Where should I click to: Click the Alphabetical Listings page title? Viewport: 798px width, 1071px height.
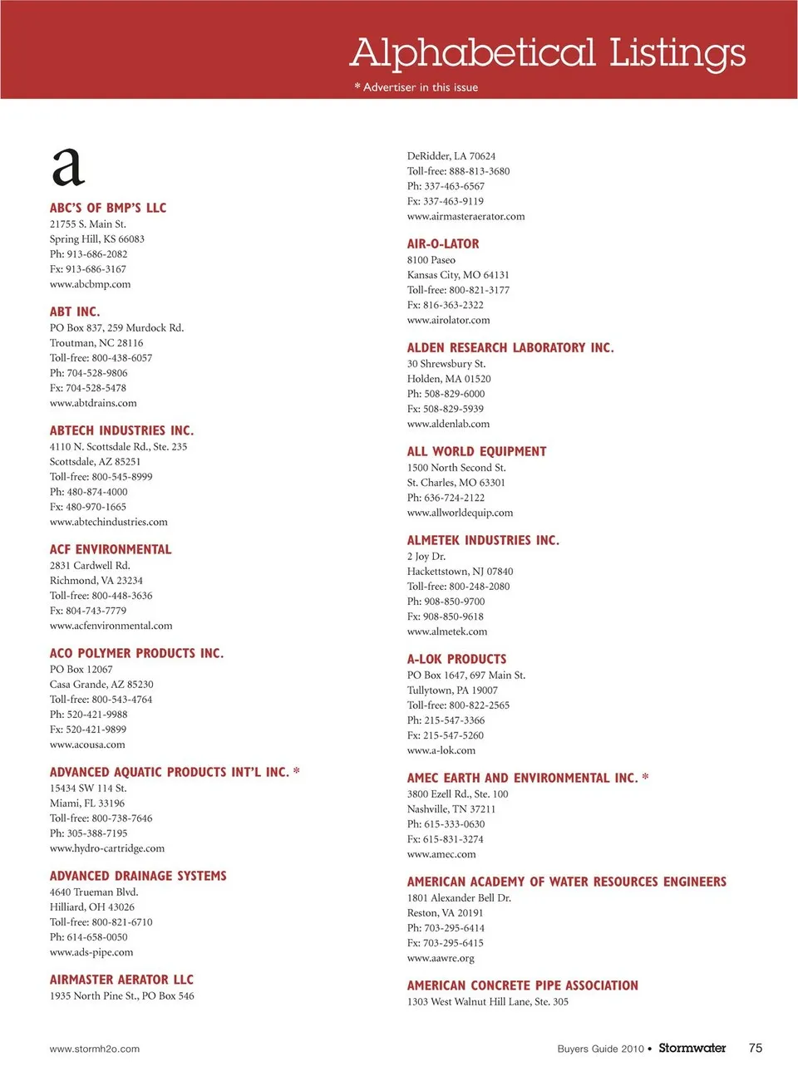[548, 53]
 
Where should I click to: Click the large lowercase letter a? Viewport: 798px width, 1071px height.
[68, 167]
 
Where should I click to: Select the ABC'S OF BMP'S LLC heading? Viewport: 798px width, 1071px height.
[108, 208]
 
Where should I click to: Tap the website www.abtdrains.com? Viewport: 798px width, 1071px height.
[93, 403]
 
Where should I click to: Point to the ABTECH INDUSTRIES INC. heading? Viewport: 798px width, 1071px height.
[121, 430]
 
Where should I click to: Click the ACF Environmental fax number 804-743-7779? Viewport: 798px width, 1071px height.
[88, 611]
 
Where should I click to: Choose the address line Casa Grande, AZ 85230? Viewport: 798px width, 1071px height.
[101, 685]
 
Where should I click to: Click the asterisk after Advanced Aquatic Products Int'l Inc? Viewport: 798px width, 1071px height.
[297, 772]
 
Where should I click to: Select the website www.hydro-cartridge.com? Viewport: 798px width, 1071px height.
[107, 848]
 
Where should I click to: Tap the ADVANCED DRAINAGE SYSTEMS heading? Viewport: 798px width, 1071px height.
[138, 876]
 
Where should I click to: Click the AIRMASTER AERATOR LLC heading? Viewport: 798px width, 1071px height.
[121, 980]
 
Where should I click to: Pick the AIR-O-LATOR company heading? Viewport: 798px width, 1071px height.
[443, 243]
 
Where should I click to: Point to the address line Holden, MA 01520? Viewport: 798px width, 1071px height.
[449, 379]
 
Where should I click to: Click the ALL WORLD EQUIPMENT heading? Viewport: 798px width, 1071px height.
[477, 451]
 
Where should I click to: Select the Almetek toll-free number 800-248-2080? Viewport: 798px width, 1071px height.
[459, 587]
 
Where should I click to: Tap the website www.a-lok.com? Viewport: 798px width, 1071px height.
[441, 750]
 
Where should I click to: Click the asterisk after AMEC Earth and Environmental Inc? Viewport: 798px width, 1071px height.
[646, 778]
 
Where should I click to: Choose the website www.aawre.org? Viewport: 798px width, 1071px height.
[441, 958]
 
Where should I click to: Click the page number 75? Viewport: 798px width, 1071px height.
[755, 1048]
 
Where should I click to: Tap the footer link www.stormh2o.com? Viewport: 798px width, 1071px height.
[95, 1049]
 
